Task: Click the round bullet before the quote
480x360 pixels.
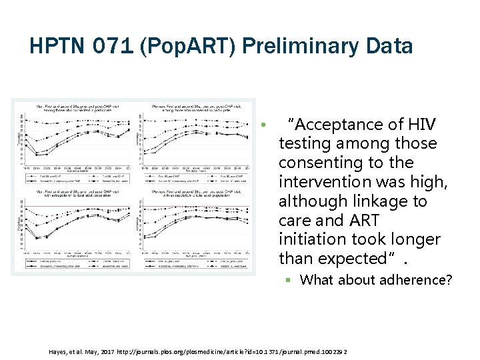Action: (x=264, y=125)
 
